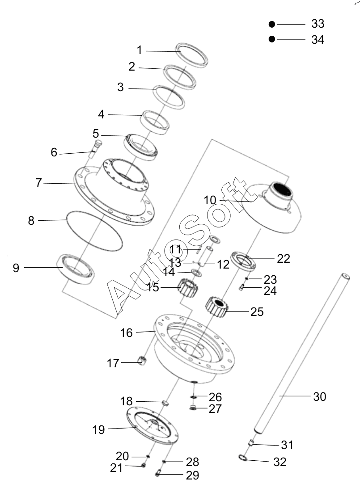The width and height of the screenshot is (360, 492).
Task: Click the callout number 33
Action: point(318,24)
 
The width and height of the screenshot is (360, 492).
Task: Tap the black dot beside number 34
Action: point(272,39)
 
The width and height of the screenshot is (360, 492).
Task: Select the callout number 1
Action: point(140,50)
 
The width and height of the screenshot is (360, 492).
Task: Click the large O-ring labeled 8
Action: point(94,231)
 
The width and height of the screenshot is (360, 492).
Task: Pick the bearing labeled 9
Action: point(76,269)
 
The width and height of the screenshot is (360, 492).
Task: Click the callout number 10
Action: point(210,200)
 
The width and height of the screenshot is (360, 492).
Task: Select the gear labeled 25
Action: point(217,307)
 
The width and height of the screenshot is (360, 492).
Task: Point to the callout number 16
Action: point(126,332)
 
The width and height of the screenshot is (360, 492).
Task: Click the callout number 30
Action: point(319,396)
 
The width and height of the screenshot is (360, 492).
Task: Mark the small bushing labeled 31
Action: point(251,443)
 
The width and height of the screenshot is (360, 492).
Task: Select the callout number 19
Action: point(98,429)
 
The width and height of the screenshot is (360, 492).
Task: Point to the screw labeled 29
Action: point(158,473)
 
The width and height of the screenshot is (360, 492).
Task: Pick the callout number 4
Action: point(101,114)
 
